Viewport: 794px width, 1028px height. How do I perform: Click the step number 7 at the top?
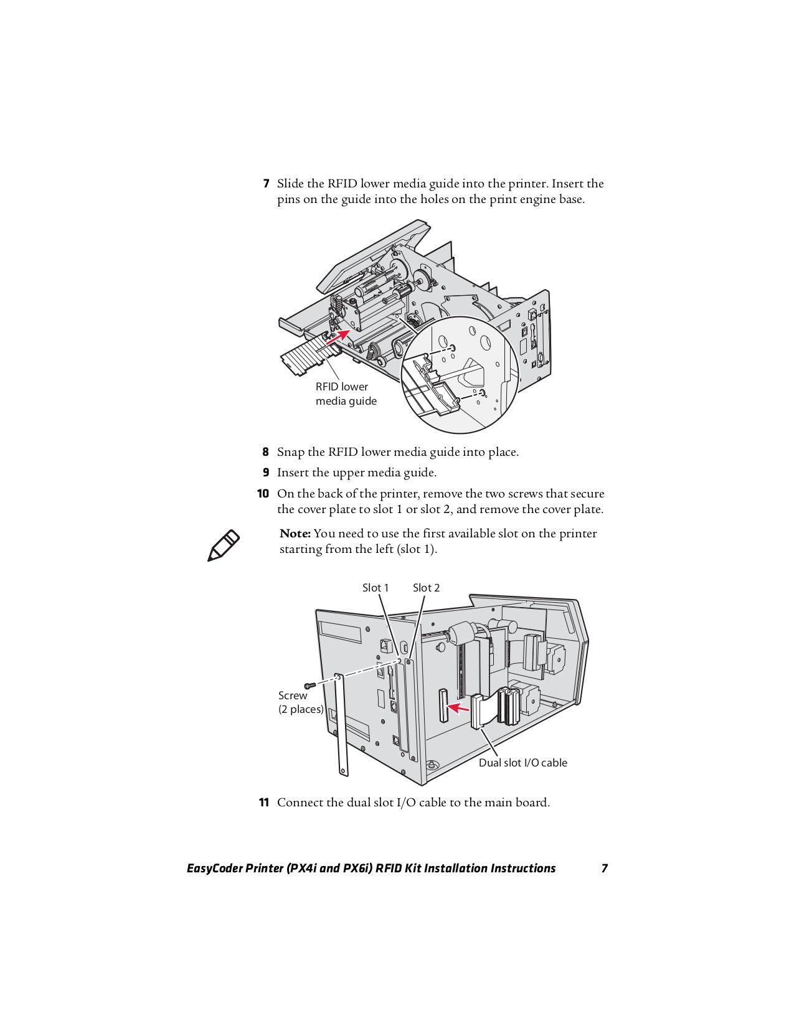point(266,184)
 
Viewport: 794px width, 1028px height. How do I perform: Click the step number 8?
point(265,452)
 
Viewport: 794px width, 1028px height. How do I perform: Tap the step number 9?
point(266,473)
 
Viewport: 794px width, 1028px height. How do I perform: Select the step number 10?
point(263,494)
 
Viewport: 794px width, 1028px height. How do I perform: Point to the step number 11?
point(264,803)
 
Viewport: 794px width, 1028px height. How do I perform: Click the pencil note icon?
point(223,545)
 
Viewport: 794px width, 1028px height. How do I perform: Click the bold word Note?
point(295,534)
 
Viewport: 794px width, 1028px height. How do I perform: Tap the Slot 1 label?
point(375,588)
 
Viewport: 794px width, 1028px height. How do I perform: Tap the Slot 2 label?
point(426,588)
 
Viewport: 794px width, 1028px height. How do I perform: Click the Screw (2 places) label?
point(300,702)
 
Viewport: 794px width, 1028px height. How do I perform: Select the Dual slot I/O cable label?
point(522,763)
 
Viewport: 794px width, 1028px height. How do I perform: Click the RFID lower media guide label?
point(346,394)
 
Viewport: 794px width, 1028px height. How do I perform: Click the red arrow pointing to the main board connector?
point(458,707)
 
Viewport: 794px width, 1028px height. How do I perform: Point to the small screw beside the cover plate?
point(310,685)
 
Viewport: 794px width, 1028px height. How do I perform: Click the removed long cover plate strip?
point(341,725)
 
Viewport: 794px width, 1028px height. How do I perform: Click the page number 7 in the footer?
point(604,868)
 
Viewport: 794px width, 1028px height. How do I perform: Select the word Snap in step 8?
point(291,452)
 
